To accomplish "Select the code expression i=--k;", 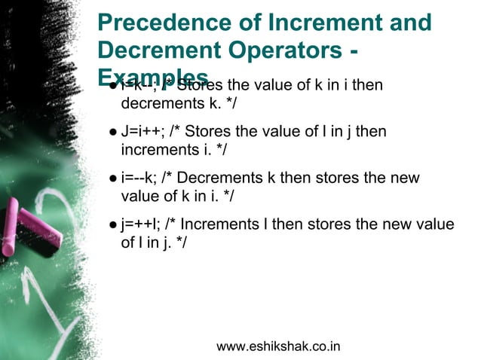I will pos(139,178).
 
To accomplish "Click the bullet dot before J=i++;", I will pos(112,133).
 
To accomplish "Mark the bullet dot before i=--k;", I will pos(112,179).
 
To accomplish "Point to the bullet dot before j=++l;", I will pos(112,225).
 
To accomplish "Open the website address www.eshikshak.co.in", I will pos(278,346).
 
